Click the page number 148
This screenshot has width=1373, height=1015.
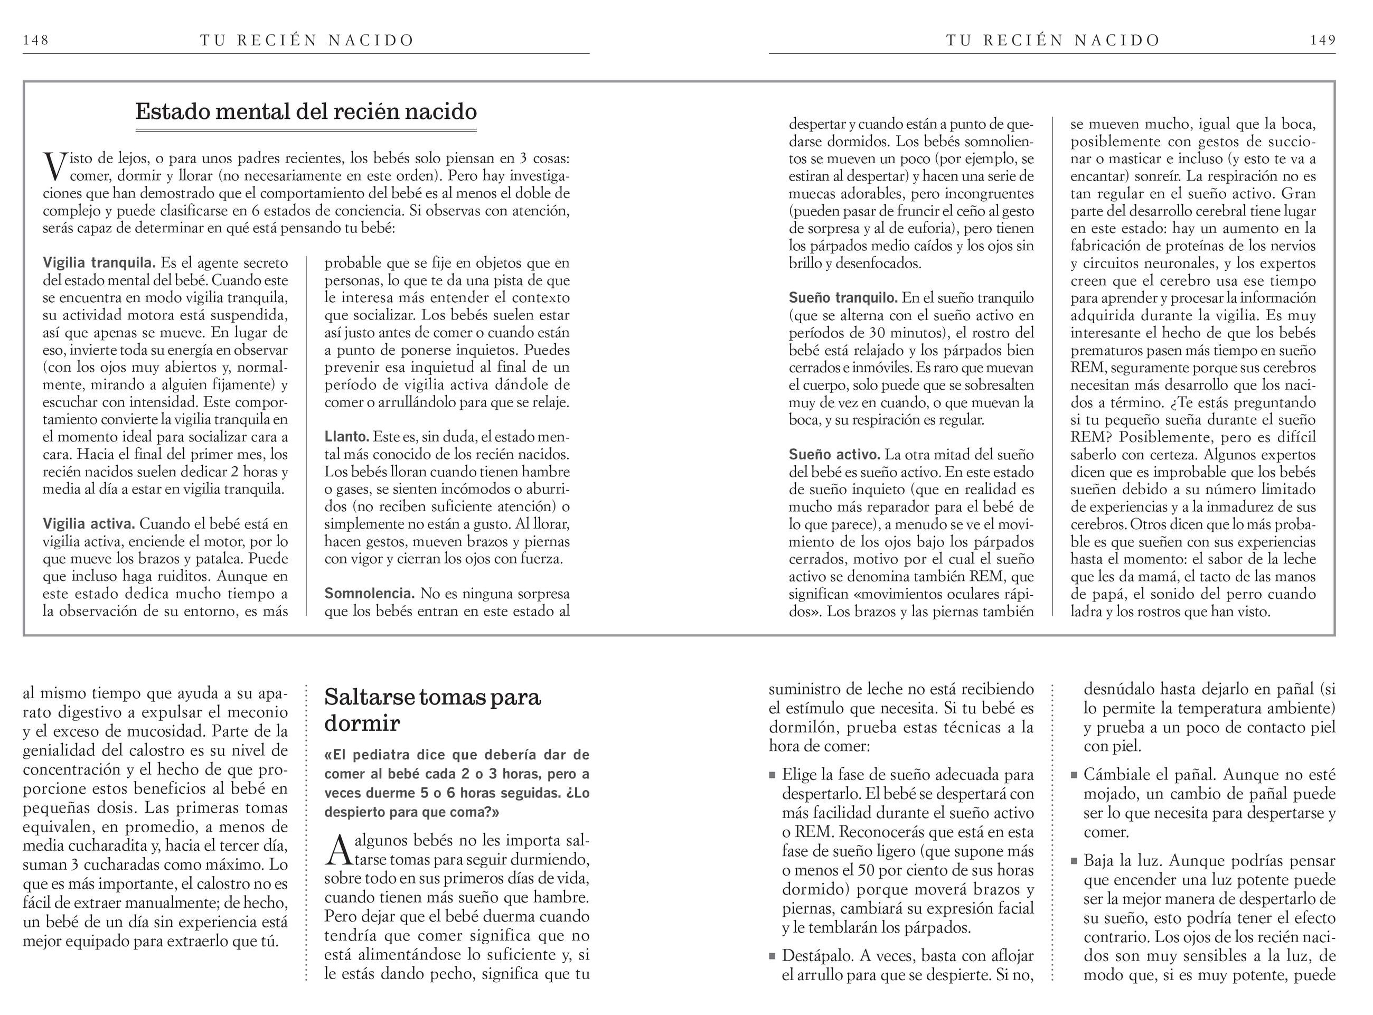35,41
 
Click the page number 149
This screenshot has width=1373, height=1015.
1323,41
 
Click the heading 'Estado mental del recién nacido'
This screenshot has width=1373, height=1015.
306,112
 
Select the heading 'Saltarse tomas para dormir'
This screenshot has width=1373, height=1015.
432,710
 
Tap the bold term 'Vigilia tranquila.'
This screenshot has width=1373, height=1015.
99,263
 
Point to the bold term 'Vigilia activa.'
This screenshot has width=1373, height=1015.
89,524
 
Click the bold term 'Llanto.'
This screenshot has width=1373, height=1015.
346,437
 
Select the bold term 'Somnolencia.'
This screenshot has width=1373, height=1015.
369,594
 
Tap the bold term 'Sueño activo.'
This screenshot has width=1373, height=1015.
834,455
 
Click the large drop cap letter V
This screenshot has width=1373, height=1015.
55,166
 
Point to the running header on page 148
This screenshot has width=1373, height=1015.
307,41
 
